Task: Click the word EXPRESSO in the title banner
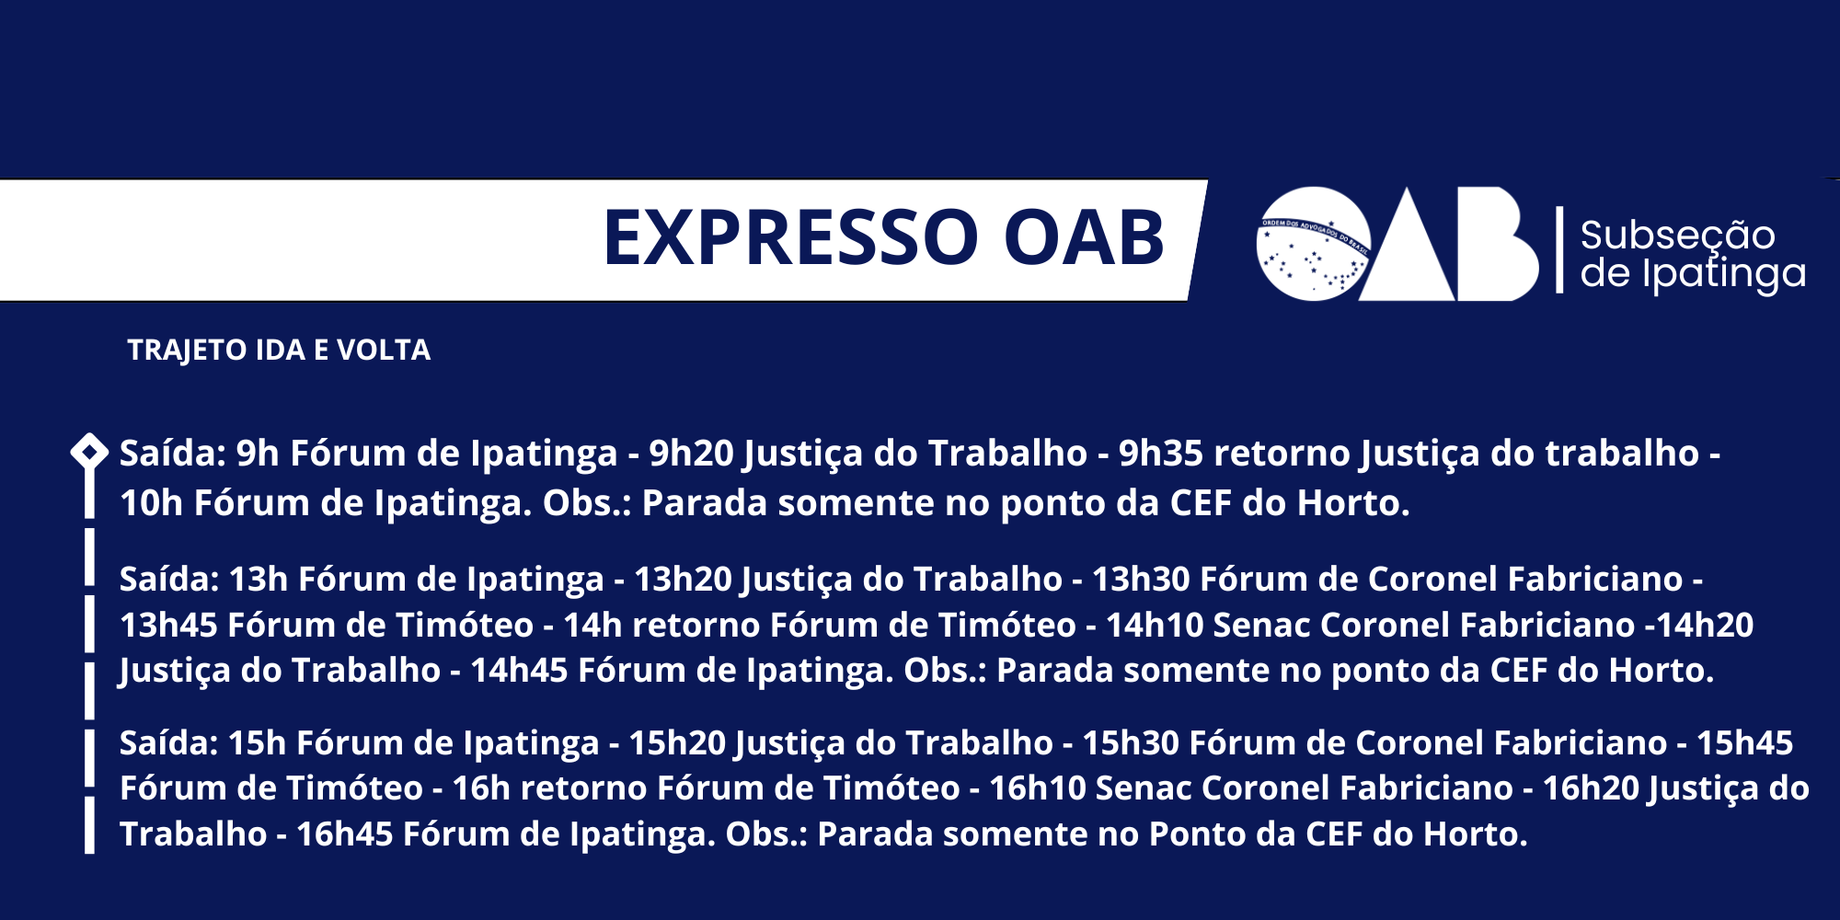(x=791, y=237)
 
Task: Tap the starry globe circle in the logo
(x=1313, y=244)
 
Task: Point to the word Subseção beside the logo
(x=1678, y=236)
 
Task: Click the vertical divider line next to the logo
(x=1559, y=250)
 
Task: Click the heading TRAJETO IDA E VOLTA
(x=279, y=351)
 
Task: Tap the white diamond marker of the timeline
(x=89, y=452)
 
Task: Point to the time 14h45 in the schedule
(x=520, y=671)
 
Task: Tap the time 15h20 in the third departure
(x=678, y=743)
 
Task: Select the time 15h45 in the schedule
(x=1744, y=743)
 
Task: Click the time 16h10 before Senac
(x=1038, y=788)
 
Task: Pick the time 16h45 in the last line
(x=345, y=834)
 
